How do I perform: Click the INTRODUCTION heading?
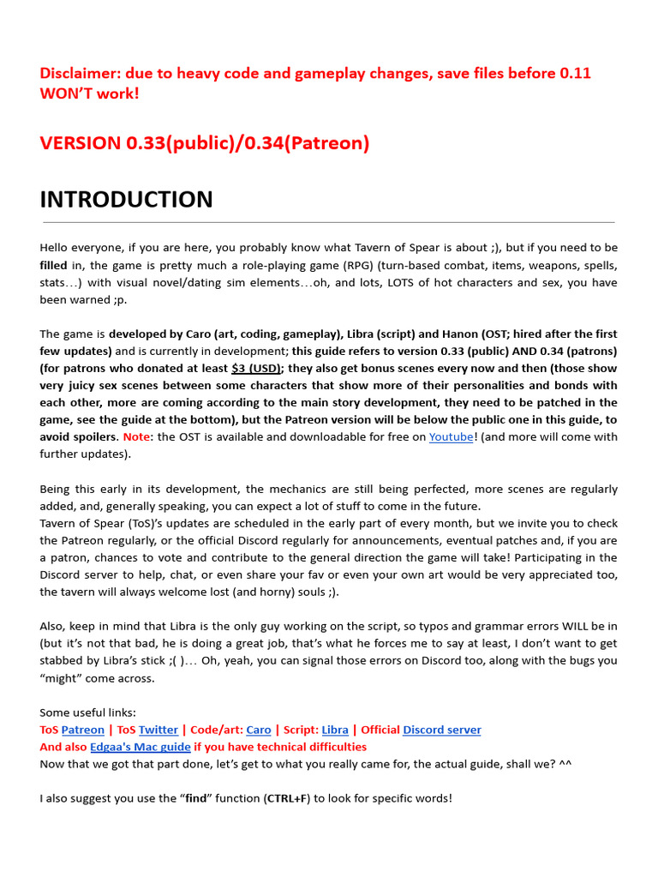(126, 200)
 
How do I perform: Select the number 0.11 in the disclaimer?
(573, 73)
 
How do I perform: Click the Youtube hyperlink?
(451, 436)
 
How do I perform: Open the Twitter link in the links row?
(159, 730)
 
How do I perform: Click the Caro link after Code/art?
(258, 730)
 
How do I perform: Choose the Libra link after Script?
(335, 730)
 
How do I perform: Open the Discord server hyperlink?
(441, 730)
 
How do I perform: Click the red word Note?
(136, 436)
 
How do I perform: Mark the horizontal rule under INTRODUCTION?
(327, 222)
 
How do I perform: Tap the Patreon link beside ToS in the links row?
(82, 730)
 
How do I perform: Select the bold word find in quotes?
(196, 798)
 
